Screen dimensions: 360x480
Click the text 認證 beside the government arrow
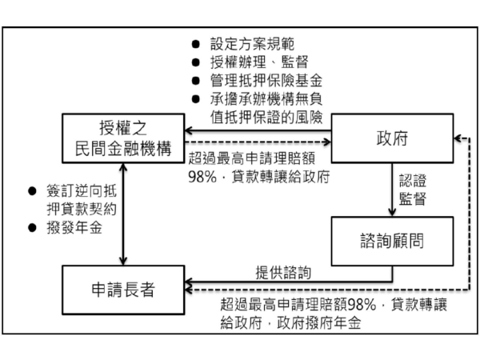(410, 179)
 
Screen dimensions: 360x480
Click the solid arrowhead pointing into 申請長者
(187, 282)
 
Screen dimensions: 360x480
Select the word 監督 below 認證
(410, 197)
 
